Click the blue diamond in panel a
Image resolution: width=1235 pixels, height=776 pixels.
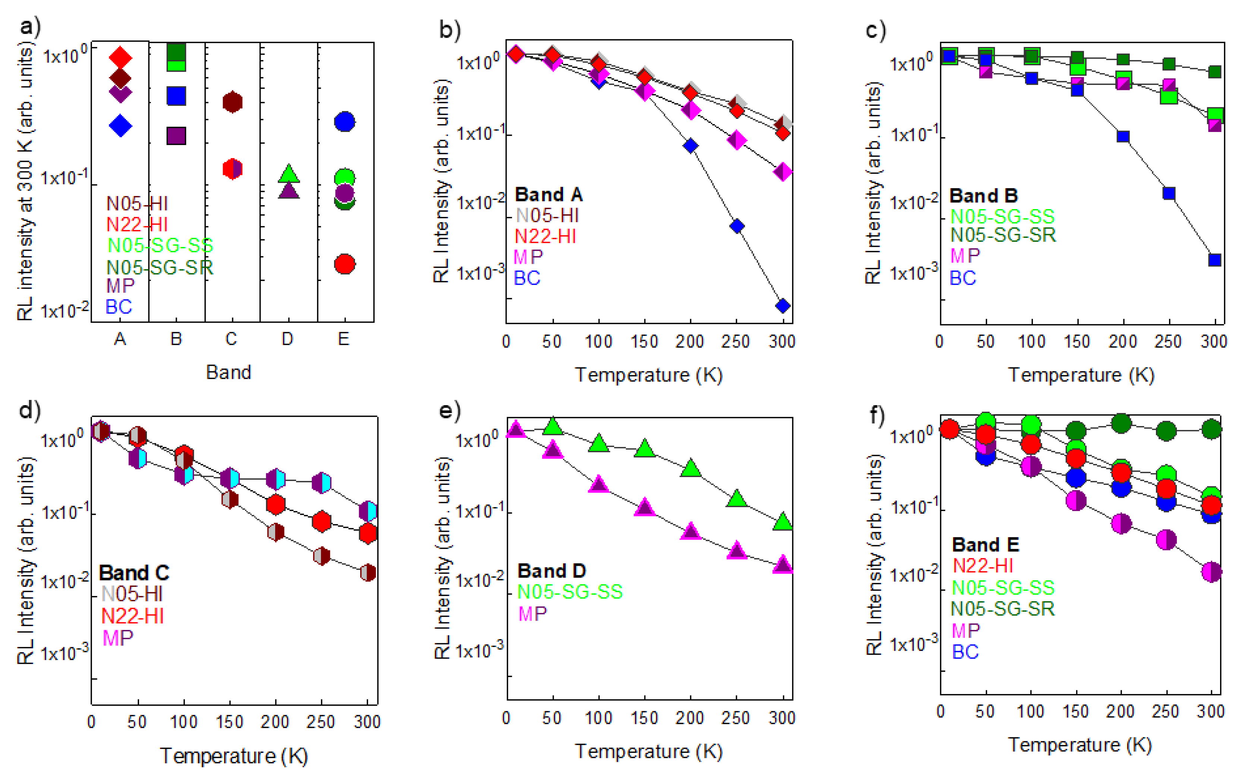click(120, 126)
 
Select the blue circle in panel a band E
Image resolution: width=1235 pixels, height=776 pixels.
click(344, 122)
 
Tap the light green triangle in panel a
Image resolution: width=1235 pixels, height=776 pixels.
click(288, 173)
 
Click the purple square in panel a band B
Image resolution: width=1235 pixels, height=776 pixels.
click(176, 135)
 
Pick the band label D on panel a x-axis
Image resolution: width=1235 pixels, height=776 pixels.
click(287, 339)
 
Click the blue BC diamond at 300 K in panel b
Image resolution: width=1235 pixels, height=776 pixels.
click(783, 306)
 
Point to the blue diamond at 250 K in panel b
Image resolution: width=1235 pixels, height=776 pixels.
click(736, 226)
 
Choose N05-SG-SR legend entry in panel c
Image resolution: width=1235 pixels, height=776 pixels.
click(1003, 235)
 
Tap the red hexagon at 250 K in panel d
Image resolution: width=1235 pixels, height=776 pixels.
click(321, 521)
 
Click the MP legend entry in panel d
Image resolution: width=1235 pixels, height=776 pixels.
click(117, 638)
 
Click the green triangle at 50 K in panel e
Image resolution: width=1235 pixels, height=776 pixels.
click(552, 425)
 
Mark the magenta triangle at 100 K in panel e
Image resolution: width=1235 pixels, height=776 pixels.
click(598, 484)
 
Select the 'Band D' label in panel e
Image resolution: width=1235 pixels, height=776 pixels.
click(551, 571)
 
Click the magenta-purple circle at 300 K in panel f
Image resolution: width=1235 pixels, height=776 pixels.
click(1212, 571)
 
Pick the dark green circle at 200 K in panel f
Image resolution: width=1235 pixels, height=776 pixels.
click(1121, 423)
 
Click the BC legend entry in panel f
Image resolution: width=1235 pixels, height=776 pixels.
click(965, 652)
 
